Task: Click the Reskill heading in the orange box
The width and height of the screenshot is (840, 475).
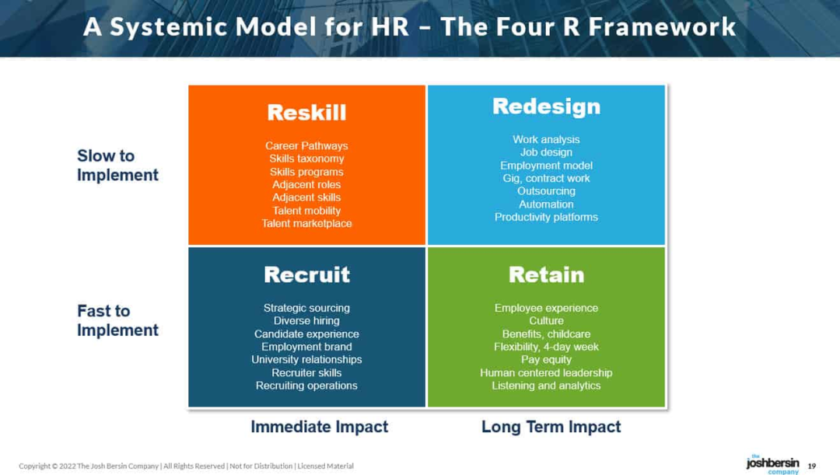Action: click(x=306, y=113)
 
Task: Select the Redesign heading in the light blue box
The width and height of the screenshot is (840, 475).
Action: click(x=547, y=106)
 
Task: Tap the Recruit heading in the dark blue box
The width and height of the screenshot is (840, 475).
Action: click(x=306, y=274)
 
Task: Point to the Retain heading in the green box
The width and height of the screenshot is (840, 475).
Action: click(x=547, y=274)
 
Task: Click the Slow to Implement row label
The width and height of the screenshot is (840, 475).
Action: click(x=118, y=165)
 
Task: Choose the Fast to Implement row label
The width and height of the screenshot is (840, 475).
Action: click(x=118, y=320)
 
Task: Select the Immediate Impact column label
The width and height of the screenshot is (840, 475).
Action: click(x=320, y=426)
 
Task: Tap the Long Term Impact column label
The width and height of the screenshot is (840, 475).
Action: click(x=551, y=426)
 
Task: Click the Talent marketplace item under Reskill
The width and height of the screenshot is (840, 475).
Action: click(x=306, y=223)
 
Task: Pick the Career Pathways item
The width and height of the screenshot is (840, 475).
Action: click(x=306, y=145)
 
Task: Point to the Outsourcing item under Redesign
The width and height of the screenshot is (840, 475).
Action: click(x=547, y=191)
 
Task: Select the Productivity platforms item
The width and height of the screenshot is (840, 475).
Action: click(x=547, y=217)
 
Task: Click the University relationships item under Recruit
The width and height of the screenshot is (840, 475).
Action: click(x=306, y=359)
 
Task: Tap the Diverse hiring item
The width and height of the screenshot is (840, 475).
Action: click(x=306, y=321)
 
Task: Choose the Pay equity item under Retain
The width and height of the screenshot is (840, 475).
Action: click(x=547, y=359)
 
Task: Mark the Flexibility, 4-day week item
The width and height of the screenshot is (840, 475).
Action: click(x=547, y=347)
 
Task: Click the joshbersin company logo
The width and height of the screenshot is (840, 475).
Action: click(x=772, y=464)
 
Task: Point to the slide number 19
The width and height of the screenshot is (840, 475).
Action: click(x=811, y=466)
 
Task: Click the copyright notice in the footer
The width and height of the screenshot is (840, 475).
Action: click(x=187, y=466)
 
